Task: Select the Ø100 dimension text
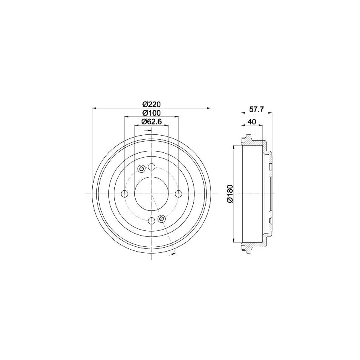(x=151, y=113)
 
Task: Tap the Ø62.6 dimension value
(x=151, y=122)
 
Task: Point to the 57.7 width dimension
(x=256, y=109)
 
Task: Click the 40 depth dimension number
(x=252, y=122)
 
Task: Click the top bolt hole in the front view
(x=151, y=167)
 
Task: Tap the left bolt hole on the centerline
(x=124, y=194)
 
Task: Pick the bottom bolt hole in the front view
(x=151, y=221)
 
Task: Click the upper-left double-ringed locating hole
(x=141, y=169)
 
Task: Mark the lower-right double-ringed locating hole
(x=162, y=218)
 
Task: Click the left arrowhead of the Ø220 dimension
(x=94, y=108)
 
